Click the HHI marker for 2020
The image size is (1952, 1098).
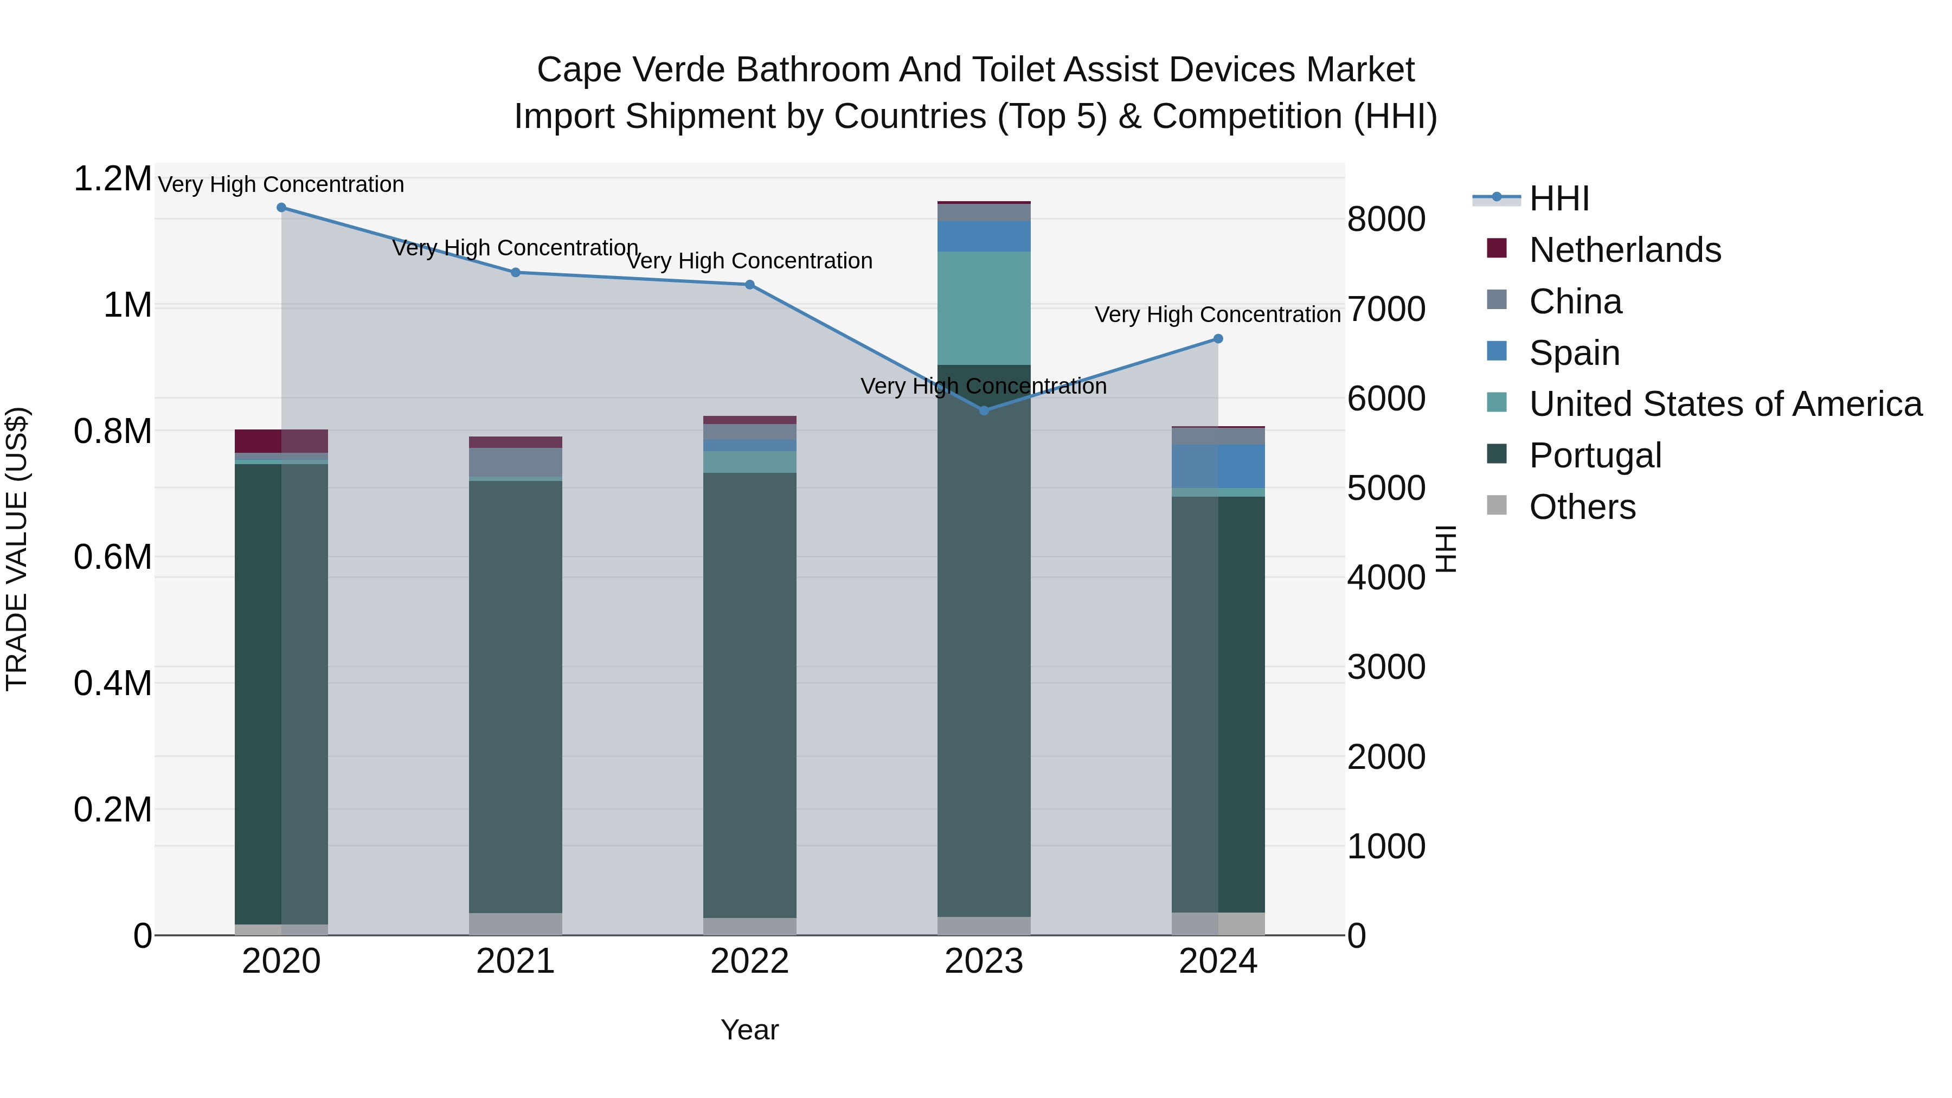281,208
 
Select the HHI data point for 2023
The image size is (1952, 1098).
984,410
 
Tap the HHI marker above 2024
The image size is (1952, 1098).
1218,339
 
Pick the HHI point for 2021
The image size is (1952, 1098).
515,272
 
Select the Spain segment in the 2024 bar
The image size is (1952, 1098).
1218,466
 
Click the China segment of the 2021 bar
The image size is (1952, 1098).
515,462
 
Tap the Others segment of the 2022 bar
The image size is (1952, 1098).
749,926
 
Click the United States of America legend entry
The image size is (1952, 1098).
1725,404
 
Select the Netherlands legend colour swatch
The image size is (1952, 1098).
1497,248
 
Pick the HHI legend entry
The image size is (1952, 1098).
1558,198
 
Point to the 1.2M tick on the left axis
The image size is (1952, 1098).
112,179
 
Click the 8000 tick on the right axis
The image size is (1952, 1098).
1386,220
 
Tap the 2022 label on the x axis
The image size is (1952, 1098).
749,961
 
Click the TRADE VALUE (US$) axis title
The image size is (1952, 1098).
17,549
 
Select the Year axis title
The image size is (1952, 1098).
749,1030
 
